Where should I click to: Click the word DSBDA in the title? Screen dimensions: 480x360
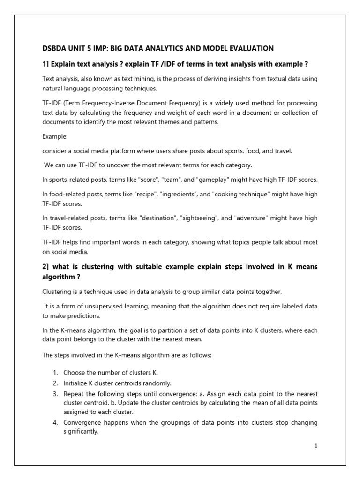[x=55, y=48]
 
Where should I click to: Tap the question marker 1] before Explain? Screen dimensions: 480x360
[x=46, y=64]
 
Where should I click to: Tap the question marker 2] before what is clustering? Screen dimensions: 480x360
[x=46, y=266]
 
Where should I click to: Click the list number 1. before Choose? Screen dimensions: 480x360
[x=55, y=372]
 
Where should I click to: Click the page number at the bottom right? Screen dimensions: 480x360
[x=316, y=446]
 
